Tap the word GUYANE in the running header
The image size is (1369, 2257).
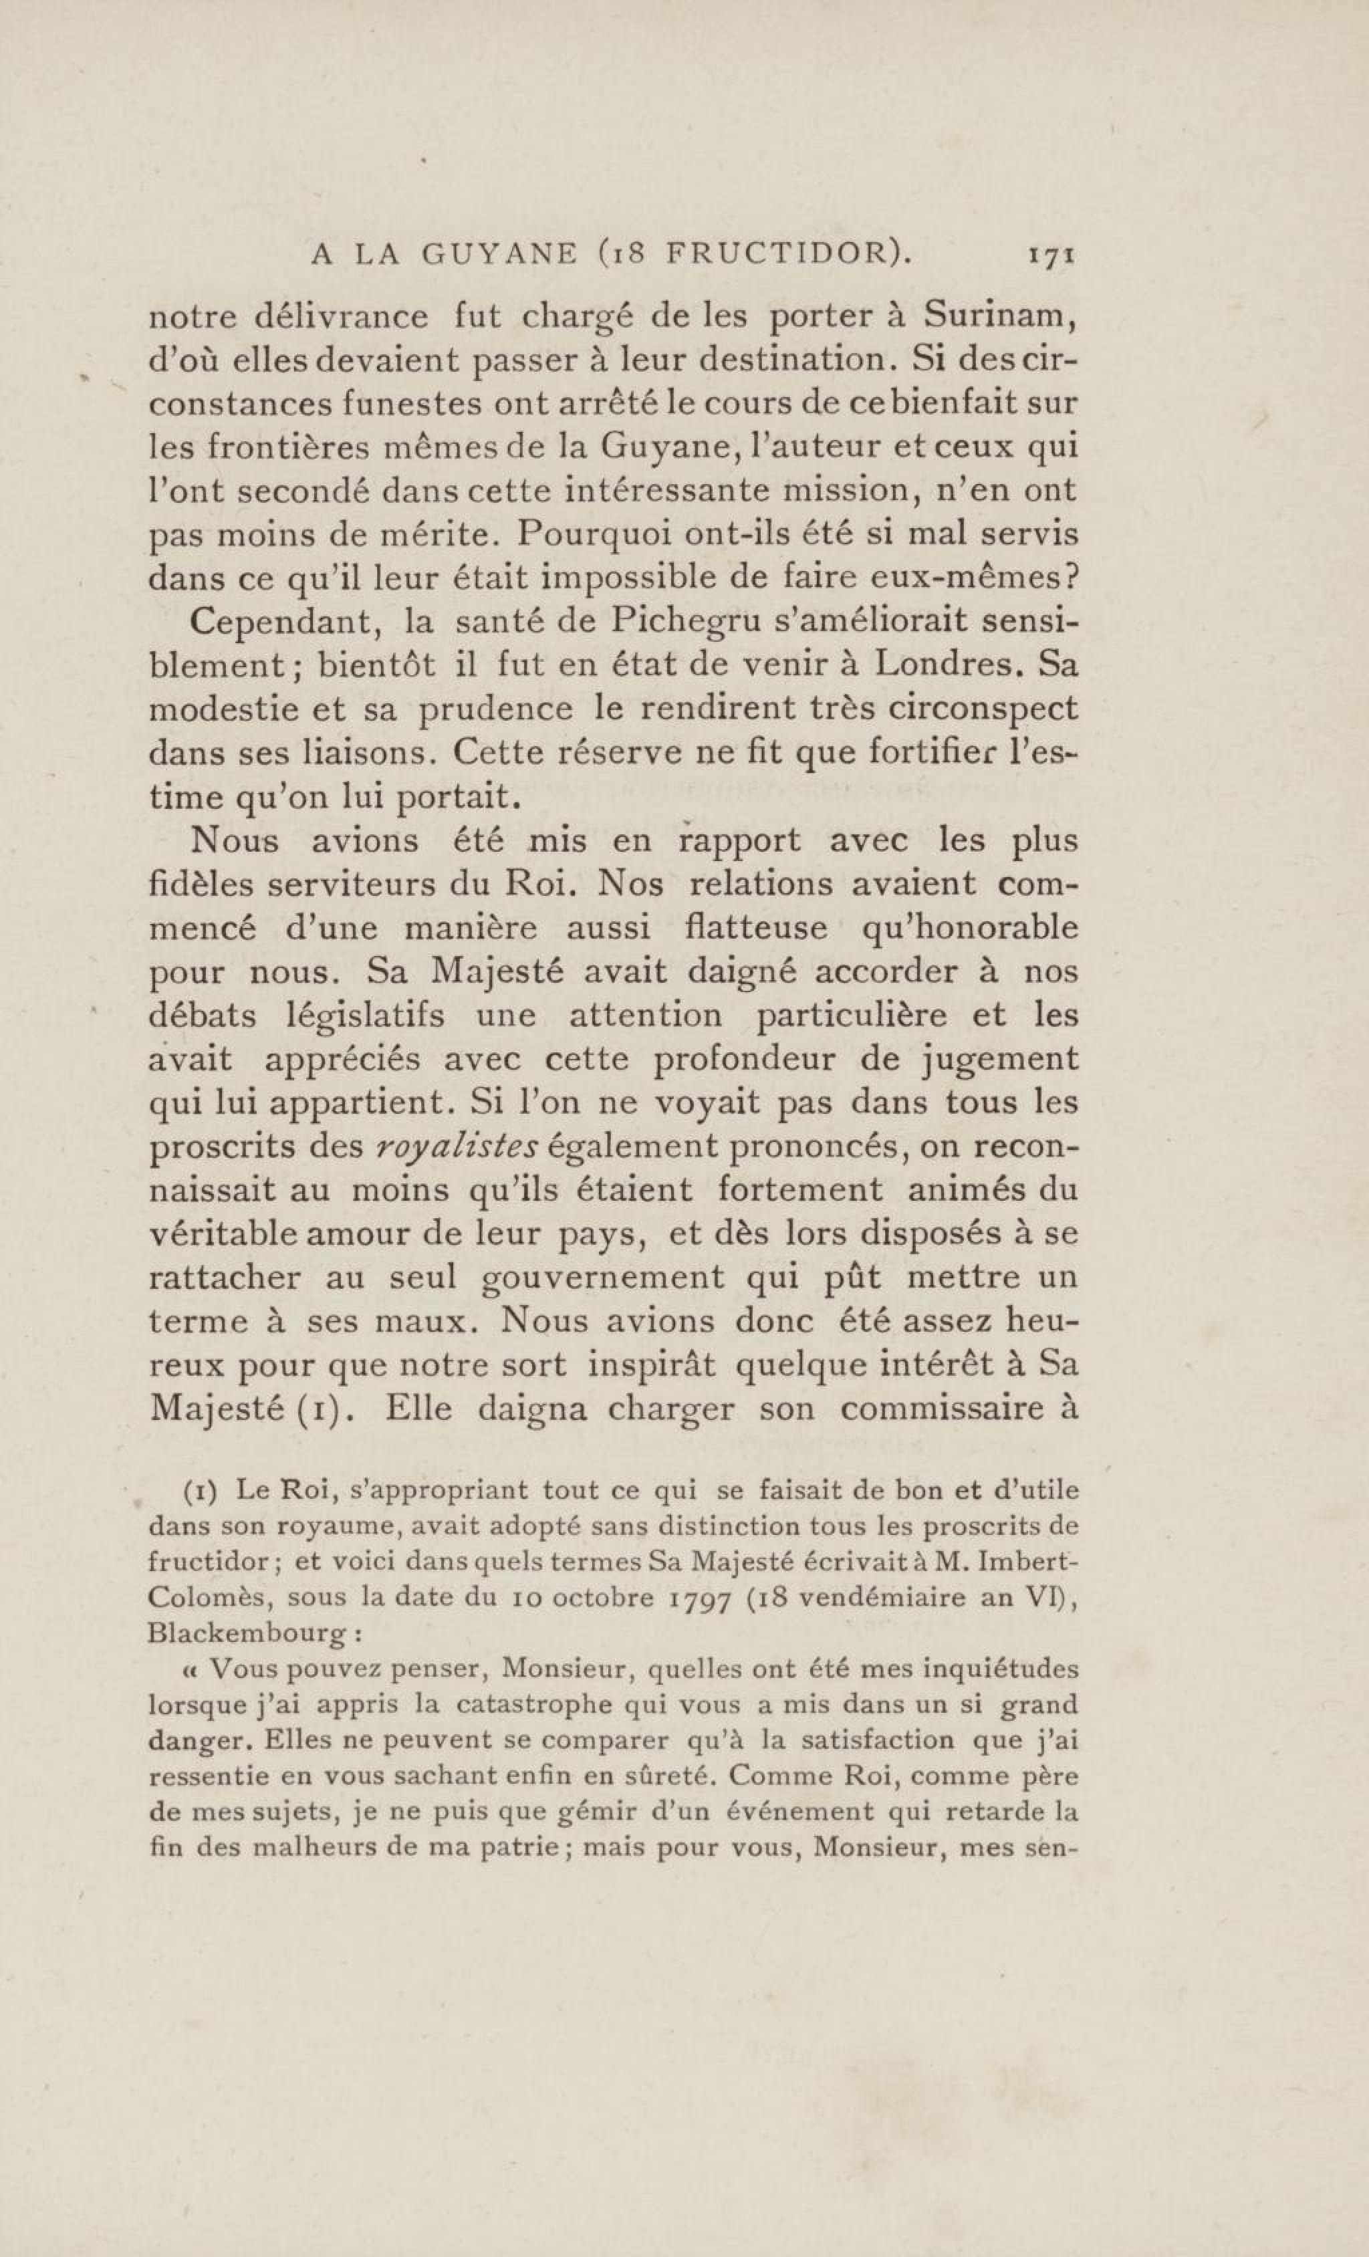click(x=499, y=255)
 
